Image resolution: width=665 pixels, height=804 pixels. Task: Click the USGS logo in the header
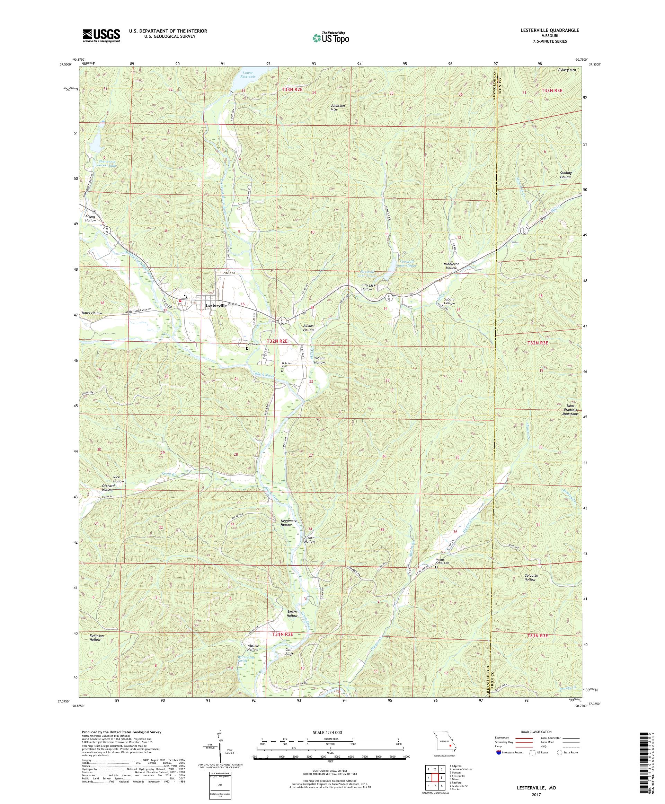101,36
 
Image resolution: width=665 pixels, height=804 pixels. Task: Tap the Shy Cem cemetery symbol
247,348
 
